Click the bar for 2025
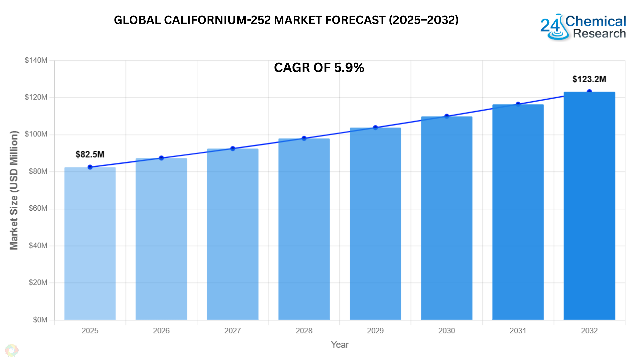coord(90,243)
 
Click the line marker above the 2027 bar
coord(233,149)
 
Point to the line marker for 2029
coord(375,128)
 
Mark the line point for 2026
coord(161,158)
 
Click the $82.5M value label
coord(90,154)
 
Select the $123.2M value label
coord(589,79)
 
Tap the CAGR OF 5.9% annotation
coord(319,68)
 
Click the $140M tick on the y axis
coord(36,60)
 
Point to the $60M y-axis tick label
coord(38,208)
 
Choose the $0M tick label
coord(40,320)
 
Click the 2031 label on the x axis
coord(518,331)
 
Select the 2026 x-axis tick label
coord(161,331)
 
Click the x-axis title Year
coord(340,345)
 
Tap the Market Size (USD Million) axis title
coord(14,190)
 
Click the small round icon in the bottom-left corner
coord(12,350)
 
